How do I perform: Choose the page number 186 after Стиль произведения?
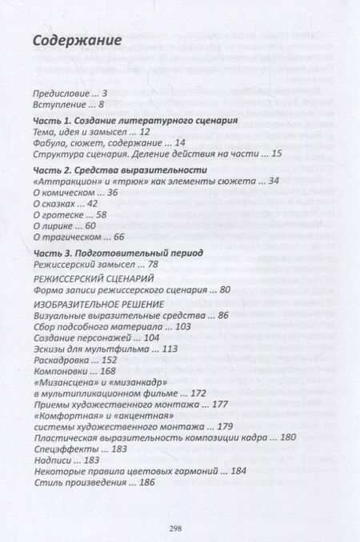146,482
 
